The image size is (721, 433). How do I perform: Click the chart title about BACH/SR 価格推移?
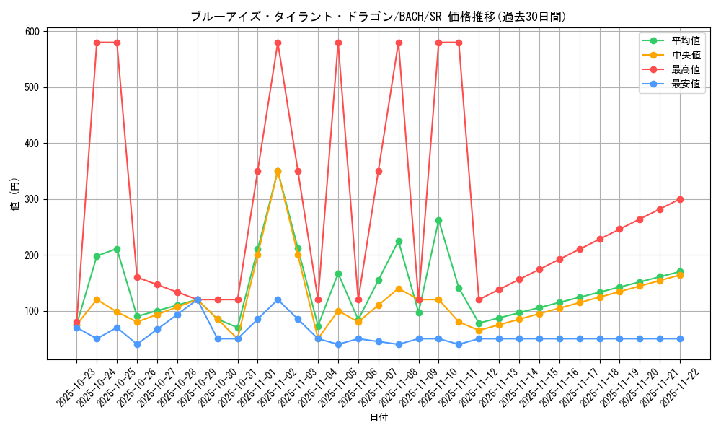point(378,17)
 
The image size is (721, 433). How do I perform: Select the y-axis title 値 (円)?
point(15,194)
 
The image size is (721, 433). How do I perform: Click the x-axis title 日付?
point(379,418)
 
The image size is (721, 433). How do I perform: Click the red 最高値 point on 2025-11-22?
point(680,199)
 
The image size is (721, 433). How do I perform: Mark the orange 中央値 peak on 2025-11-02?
point(278,172)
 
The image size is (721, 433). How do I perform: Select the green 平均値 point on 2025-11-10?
point(438,220)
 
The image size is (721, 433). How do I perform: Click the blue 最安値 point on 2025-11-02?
point(278,299)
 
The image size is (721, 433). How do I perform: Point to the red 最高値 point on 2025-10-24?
point(97,43)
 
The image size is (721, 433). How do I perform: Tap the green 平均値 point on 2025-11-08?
point(399,241)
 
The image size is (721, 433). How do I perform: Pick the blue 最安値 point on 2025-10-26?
point(137,344)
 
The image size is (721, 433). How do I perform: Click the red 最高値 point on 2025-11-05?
point(338,43)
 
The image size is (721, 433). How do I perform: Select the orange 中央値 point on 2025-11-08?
point(399,289)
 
